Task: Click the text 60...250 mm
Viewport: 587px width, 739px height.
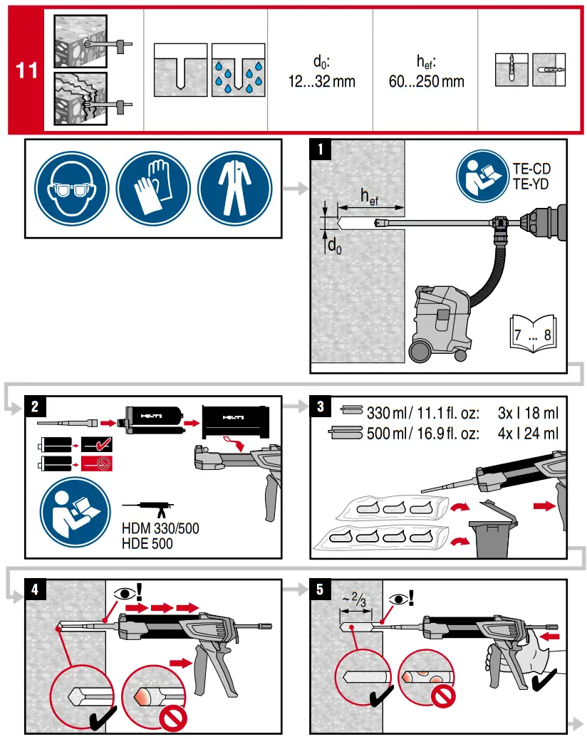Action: [x=426, y=80]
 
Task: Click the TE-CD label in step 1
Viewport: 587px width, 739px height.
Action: [x=531, y=169]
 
